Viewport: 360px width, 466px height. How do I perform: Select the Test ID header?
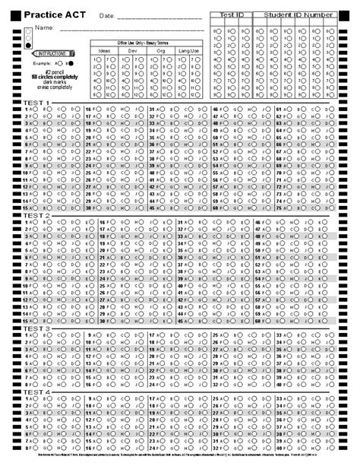click(x=232, y=14)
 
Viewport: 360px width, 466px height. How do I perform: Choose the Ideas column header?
click(x=105, y=50)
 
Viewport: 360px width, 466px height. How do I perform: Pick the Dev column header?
click(x=132, y=50)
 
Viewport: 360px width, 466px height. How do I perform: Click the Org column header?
click(x=160, y=50)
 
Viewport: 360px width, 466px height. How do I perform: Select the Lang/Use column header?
click(x=188, y=50)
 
